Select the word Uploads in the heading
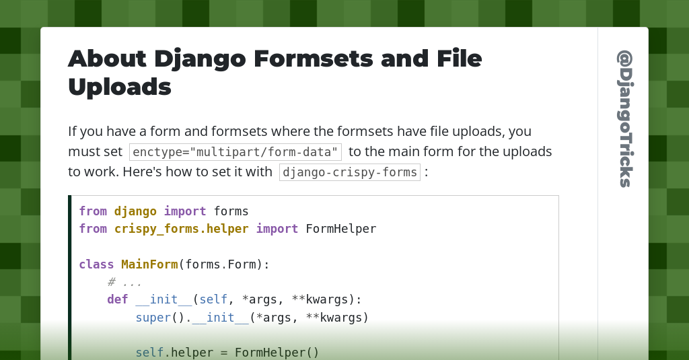point(120,87)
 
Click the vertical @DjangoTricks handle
point(625,118)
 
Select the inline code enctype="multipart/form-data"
point(235,152)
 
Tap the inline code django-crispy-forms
point(350,172)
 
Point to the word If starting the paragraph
point(73,131)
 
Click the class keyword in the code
point(96,264)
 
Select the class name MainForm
point(149,264)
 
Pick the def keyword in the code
point(117,299)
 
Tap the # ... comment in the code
point(124,282)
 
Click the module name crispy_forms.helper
point(181,229)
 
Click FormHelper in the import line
point(340,229)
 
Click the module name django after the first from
point(135,211)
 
